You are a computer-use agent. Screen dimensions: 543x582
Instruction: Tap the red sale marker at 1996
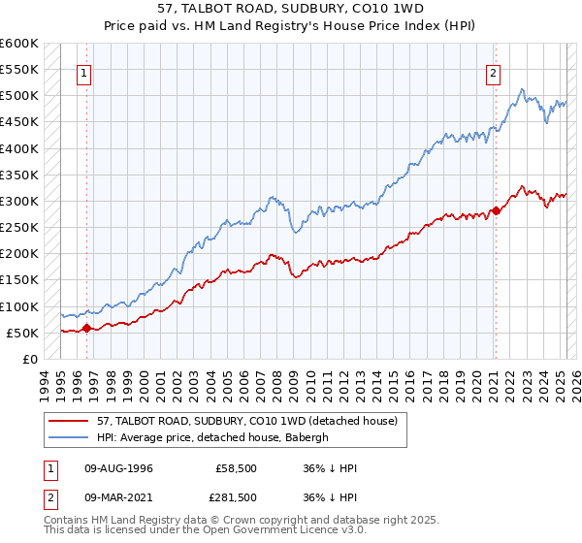point(87,328)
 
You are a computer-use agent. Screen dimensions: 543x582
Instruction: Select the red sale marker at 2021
point(496,210)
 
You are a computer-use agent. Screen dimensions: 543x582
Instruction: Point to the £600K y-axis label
point(19,44)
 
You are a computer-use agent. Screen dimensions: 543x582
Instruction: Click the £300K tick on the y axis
point(19,202)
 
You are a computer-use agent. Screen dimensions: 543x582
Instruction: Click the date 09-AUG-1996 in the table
point(118,468)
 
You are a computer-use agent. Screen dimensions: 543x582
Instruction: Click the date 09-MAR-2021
point(118,497)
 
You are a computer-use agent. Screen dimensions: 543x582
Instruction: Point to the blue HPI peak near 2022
point(522,90)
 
